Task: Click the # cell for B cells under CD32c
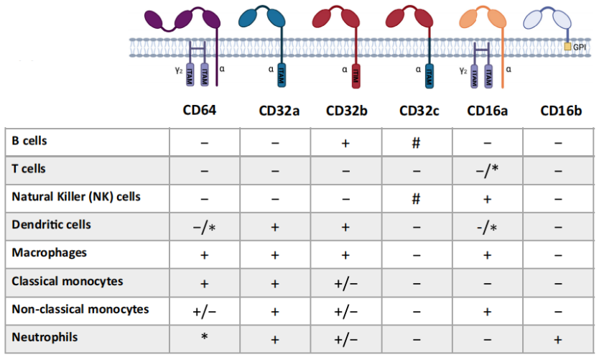[415, 142]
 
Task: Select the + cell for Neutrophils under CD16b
[559, 338]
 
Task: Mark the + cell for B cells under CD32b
[345, 142]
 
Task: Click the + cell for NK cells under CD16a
[486, 198]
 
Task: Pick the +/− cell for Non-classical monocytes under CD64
[204, 310]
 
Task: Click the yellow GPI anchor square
[567, 47]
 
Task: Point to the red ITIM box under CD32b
[355, 75]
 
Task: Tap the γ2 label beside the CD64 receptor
[180, 70]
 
